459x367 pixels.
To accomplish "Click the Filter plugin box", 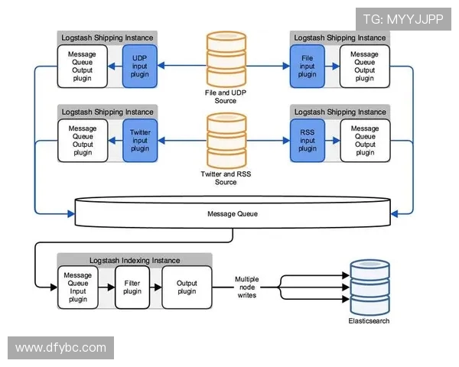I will point(132,287).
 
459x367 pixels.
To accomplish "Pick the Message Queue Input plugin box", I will point(78,287).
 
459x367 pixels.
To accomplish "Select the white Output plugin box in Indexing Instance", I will point(186,287).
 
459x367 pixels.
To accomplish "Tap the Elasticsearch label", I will point(369,321).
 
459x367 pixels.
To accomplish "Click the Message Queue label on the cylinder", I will point(233,213).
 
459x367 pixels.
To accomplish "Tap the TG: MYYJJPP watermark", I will point(402,19).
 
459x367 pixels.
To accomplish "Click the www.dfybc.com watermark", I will point(60,348).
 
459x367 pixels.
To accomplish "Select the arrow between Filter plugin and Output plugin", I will point(156,287).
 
